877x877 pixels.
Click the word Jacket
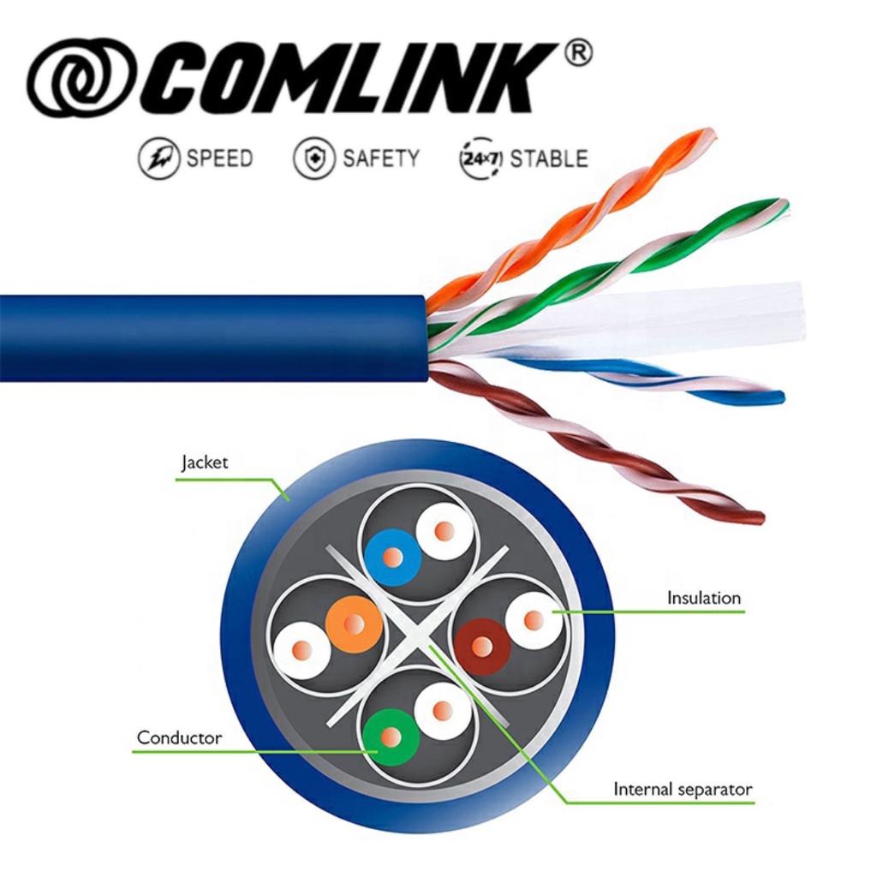click(x=205, y=463)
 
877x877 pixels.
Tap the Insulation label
click(x=703, y=598)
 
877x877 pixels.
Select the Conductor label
click(x=179, y=737)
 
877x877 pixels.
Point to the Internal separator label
click(x=683, y=789)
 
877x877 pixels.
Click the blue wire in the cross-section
click(x=392, y=558)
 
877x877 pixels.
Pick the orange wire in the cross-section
click(x=354, y=624)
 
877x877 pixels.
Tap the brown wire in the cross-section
click(x=482, y=647)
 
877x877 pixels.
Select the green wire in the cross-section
click(x=391, y=737)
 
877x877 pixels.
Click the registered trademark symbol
click(x=578, y=54)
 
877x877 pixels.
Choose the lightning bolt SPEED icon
click(x=159, y=158)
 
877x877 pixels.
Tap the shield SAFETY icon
click(x=314, y=158)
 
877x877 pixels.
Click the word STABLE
click(x=549, y=158)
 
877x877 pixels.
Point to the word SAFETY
click(x=381, y=158)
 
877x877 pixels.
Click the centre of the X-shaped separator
click(x=416, y=635)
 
